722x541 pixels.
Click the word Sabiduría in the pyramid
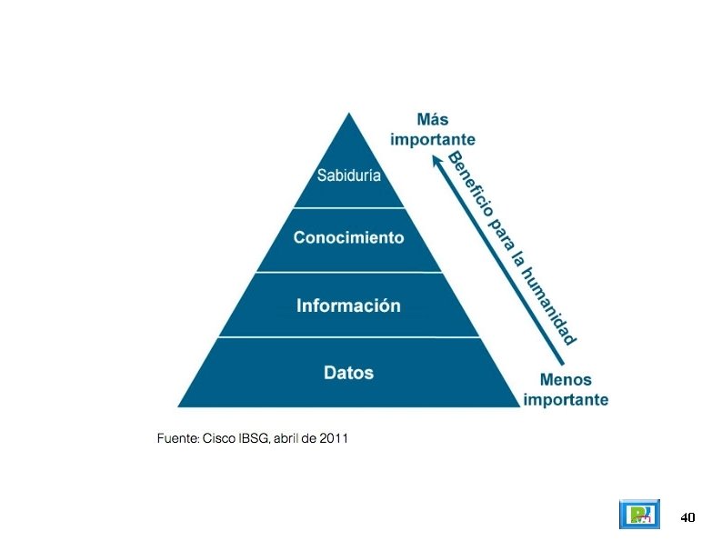click(348, 175)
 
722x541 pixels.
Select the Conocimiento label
click(348, 238)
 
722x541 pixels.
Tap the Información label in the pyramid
click(348, 306)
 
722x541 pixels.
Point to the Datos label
click(348, 373)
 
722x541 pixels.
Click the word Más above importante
click(433, 120)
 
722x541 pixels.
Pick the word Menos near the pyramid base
click(566, 380)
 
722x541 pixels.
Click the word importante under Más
click(433, 139)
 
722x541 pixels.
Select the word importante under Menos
click(566, 399)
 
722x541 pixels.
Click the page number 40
click(687, 517)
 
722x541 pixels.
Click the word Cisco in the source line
click(218, 439)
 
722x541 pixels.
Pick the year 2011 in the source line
click(333, 439)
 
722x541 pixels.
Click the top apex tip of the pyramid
click(349, 114)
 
